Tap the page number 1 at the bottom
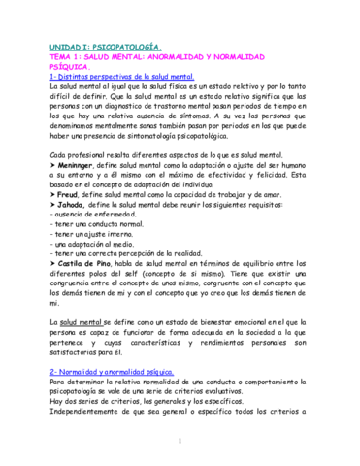point(180,442)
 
